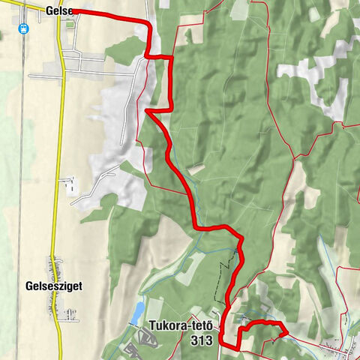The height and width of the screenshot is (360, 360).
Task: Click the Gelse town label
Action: (x=58, y=10)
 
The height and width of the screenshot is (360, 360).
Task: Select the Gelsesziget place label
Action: (x=52, y=286)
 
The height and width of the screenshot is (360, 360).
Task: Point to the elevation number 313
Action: (x=201, y=340)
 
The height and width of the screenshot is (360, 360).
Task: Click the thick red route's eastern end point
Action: (x=287, y=330)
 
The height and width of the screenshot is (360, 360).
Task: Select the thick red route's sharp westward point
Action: (x=148, y=112)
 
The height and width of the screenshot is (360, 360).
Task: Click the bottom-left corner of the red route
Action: (x=237, y=349)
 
